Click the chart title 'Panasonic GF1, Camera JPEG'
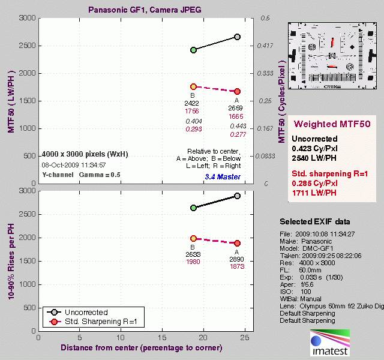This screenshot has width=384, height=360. [145, 10]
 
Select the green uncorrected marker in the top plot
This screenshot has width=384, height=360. [193, 50]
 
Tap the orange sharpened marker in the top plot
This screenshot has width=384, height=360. [193, 87]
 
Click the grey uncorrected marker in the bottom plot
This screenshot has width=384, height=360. [237, 196]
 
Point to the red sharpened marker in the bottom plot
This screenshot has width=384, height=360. [237, 243]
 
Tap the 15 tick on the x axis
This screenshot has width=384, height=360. [162, 338]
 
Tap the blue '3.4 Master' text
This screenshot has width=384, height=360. [222, 177]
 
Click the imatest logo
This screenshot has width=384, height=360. [328, 343]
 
